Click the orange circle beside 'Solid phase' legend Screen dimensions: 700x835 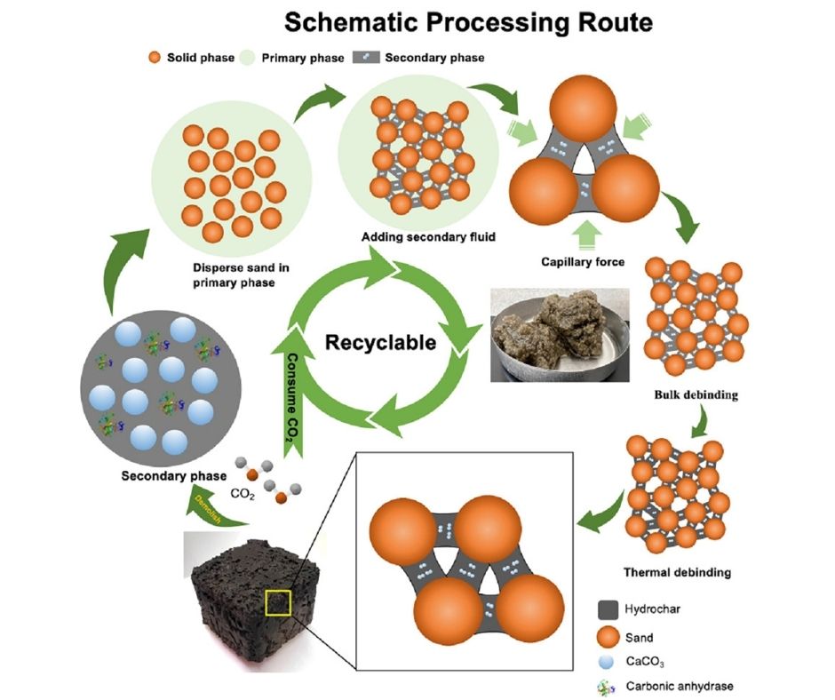(x=154, y=58)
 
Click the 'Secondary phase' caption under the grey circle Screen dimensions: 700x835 (x=163, y=476)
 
